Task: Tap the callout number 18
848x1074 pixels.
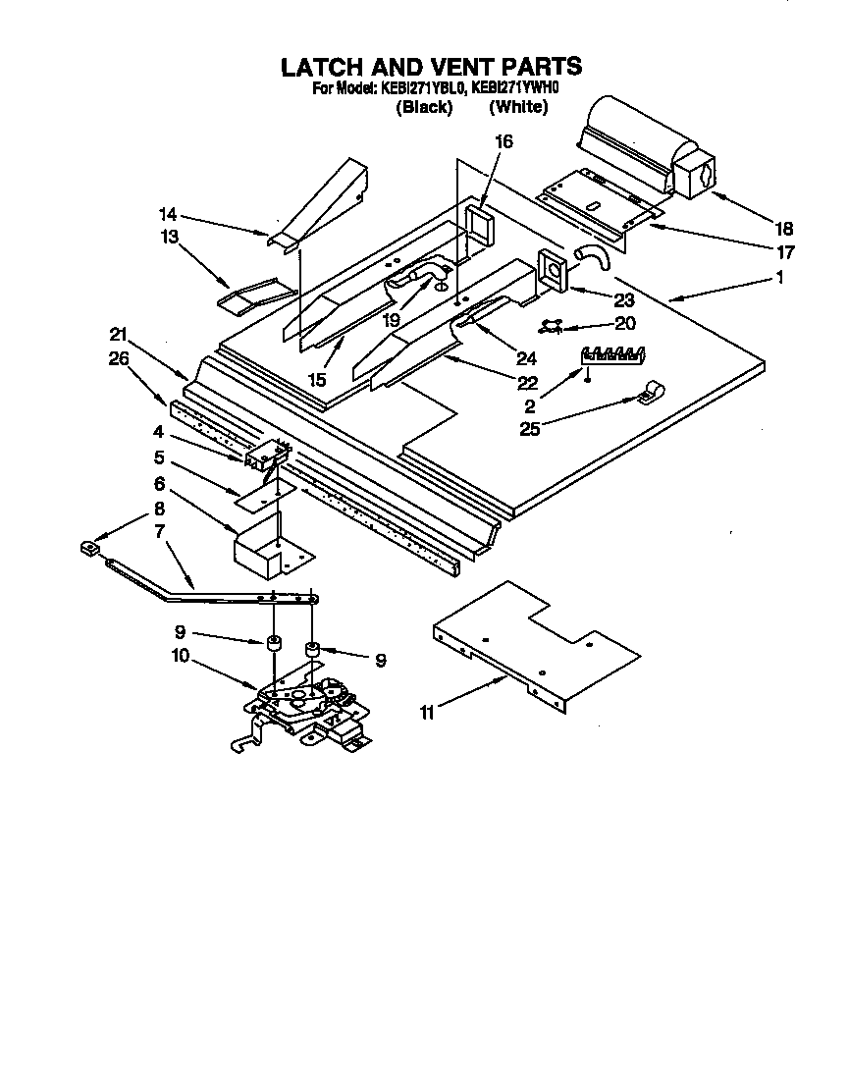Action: click(781, 229)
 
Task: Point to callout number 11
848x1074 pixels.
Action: click(427, 713)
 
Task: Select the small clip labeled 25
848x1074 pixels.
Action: click(649, 393)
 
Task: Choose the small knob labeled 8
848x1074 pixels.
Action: click(89, 547)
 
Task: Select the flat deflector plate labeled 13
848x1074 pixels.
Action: click(255, 294)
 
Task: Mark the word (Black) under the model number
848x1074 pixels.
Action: click(424, 107)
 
